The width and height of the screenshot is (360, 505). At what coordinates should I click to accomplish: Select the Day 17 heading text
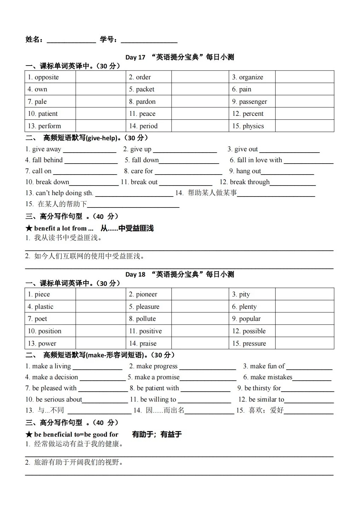pyautogui.click(x=180, y=57)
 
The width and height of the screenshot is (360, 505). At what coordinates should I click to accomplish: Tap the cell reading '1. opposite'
pyautogui.click(x=50, y=77)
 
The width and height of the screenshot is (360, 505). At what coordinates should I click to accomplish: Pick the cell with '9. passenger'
pyautogui.click(x=252, y=102)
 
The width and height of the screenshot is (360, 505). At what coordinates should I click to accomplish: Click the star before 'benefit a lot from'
pyautogui.click(x=29, y=228)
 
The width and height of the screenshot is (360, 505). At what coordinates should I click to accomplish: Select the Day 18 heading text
pyautogui.click(x=180, y=274)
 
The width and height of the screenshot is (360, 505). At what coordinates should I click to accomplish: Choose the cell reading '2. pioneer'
pyautogui.click(x=148, y=294)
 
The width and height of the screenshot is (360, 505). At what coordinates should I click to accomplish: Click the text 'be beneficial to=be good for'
pyautogui.click(x=76, y=435)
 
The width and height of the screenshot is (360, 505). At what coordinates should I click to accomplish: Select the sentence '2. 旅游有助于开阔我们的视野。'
pyautogui.click(x=74, y=463)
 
